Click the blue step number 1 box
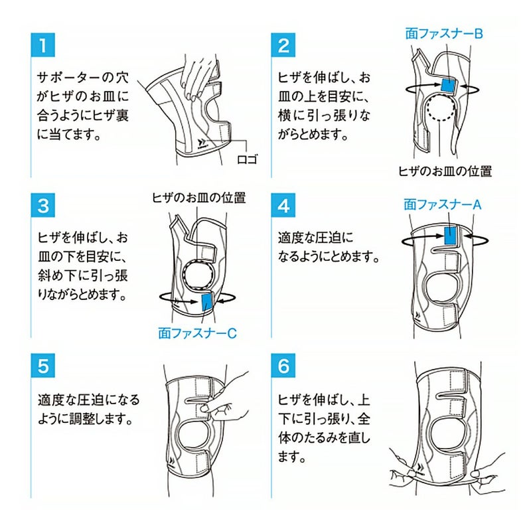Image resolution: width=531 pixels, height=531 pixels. pos(43,45)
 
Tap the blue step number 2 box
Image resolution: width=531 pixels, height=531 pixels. pos(283,45)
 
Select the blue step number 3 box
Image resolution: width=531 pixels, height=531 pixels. pos(43,205)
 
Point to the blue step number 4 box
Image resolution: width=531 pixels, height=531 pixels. pos(283,205)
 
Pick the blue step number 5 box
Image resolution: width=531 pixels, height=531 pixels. pos(43,366)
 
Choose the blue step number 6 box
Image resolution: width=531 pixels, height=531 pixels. pos(283,366)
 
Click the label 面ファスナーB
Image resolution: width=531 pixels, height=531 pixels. pos(444,34)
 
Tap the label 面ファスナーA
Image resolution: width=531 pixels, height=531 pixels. pos(442,204)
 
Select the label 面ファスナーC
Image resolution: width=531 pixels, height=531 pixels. pos(197,333)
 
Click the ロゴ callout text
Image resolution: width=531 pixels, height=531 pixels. pos(248,159)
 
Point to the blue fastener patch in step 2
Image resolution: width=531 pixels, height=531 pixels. pos(449,85)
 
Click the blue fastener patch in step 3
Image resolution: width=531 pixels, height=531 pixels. pos(207,302)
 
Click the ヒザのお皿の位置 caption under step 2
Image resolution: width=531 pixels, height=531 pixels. pos(445,171)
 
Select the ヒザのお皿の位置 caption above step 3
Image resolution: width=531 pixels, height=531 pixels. pos(198,197)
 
